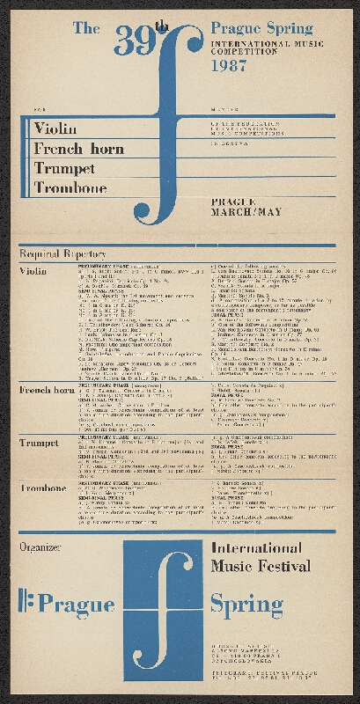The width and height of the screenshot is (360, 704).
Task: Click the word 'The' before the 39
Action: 85,29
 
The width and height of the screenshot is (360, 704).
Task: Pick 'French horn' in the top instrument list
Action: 78,149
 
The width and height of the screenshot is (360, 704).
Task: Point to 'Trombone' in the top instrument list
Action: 70,187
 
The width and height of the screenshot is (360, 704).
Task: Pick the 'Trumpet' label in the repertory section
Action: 40,443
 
